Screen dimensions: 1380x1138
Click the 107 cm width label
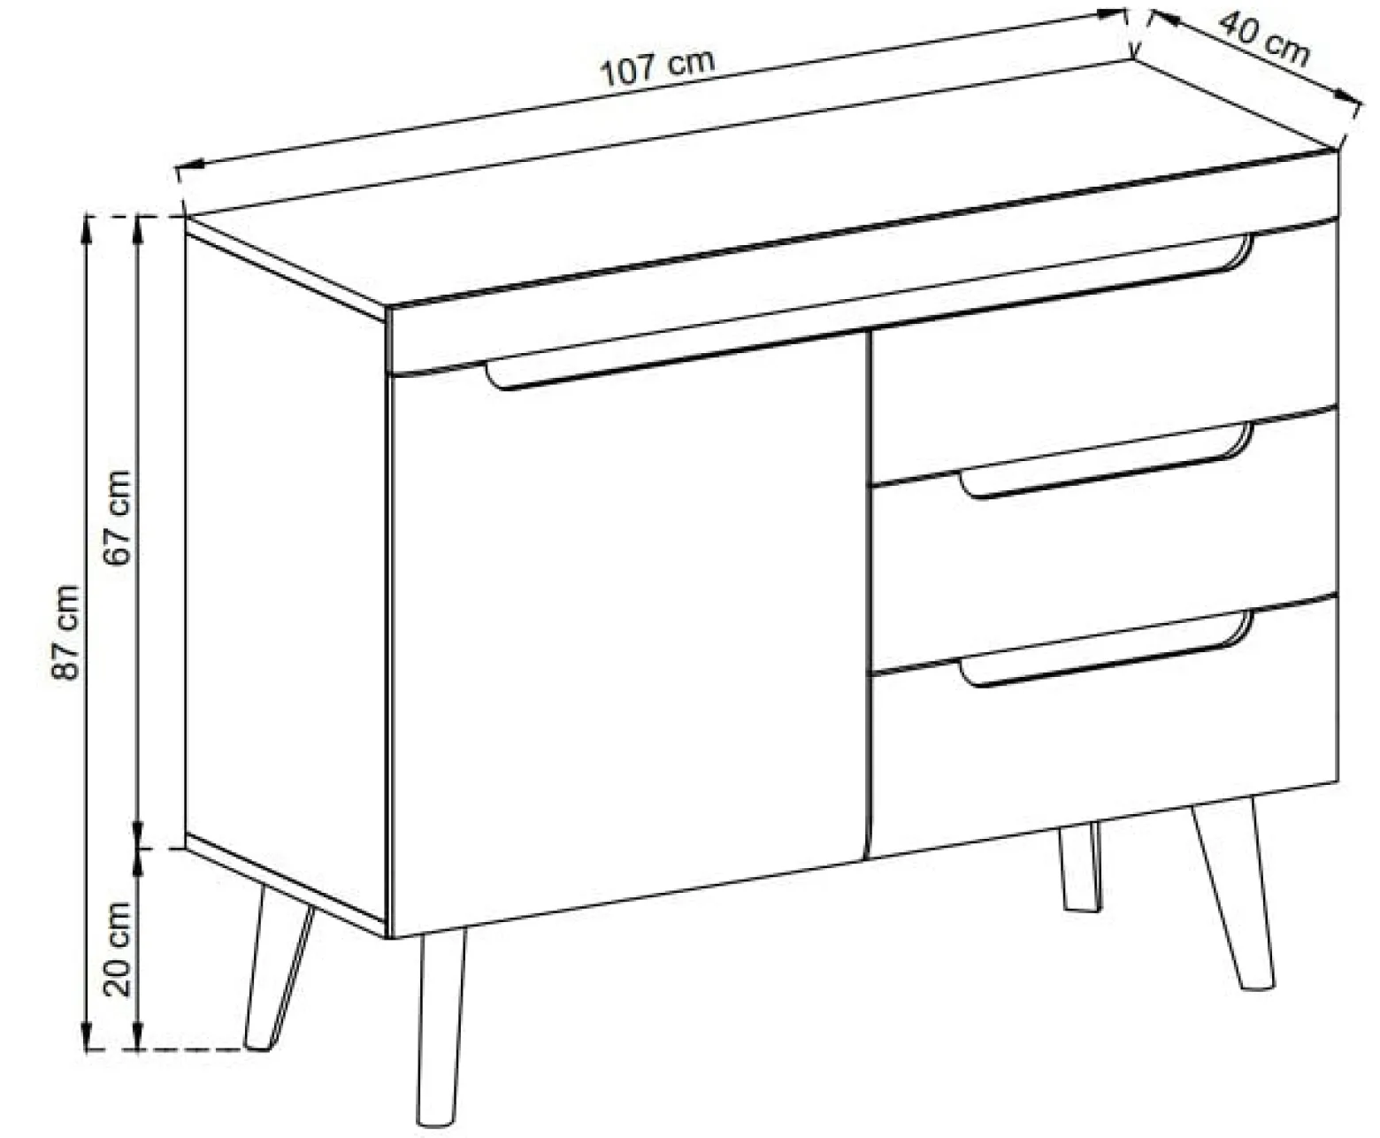coord(658,68)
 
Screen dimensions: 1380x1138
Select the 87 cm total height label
coord(66,632)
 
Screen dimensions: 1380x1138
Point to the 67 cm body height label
coord(119,517)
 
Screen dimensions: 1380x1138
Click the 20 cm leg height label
coord(119,948)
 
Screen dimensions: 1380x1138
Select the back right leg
coord(1079,866)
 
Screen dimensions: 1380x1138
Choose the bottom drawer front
coord(1105,727)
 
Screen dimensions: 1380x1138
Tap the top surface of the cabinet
coord(760,185)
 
